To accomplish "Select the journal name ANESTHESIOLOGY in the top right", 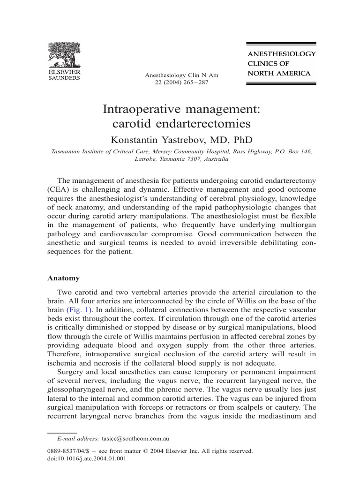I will pos(281,54).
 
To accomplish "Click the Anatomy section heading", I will pos(63,278).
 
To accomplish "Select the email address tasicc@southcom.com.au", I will pos(135,439).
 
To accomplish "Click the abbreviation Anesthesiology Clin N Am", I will pos(181,75).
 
